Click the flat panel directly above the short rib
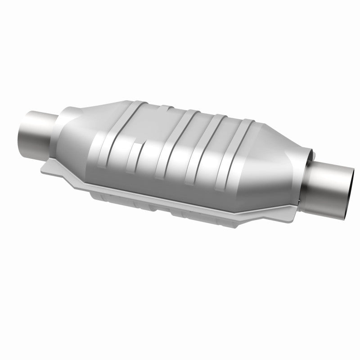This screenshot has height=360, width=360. [144, 126]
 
